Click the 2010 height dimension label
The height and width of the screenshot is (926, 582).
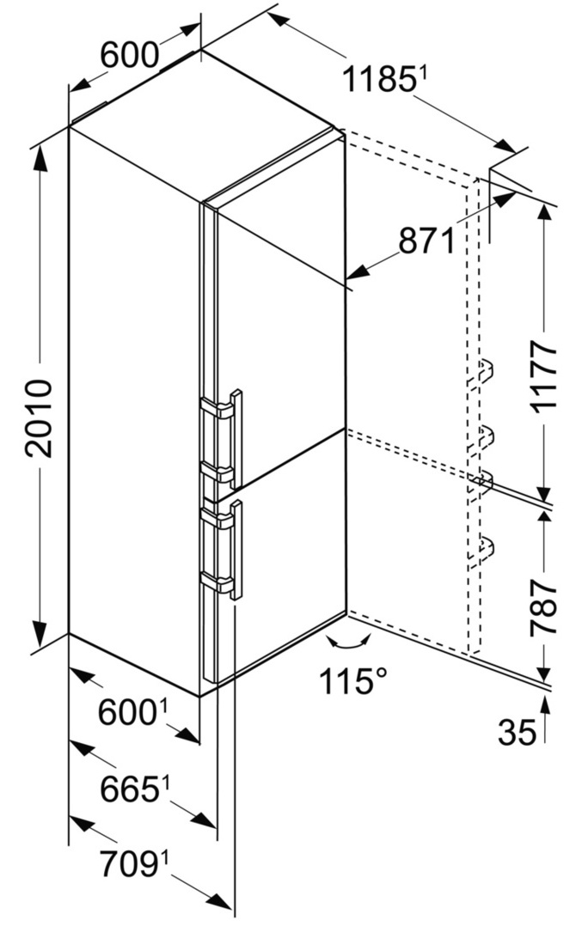click(39, 418)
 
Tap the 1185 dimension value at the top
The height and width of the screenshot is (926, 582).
click(377, 79)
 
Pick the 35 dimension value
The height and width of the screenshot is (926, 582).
click(517, 732)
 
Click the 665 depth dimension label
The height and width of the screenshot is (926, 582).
click(130, 789)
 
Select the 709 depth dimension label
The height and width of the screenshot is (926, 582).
click(130, 864)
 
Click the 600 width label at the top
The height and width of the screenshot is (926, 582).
click(130, 56)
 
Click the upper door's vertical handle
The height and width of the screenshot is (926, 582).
click(236, 438)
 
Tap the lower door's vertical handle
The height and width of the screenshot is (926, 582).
click(236, 550)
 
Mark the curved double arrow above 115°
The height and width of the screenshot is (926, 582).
click(349, 642)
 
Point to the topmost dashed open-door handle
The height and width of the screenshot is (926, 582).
click(481, 373)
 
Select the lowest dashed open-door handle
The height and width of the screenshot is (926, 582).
click(481, 547)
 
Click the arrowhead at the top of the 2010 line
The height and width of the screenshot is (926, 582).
click(40, 157)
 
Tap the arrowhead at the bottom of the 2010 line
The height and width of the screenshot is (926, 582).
click(40, 633)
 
